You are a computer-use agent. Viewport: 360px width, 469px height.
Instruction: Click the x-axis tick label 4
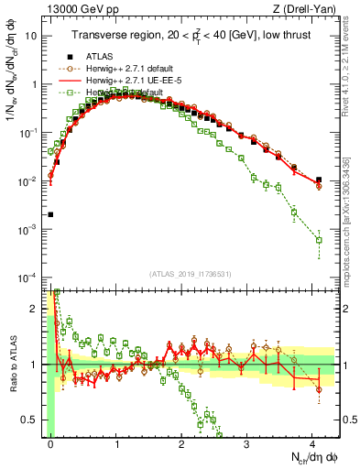(312, 442)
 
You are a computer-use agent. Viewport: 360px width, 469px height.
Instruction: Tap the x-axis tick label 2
(181, 442)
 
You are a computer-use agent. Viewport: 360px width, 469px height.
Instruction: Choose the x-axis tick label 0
(51, 442)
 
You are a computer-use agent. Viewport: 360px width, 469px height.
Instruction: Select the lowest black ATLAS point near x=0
(51, 214)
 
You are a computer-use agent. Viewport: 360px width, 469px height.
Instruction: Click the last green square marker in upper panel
(319, 240)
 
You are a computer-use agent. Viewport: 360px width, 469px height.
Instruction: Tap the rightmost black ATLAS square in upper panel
(319, 180)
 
